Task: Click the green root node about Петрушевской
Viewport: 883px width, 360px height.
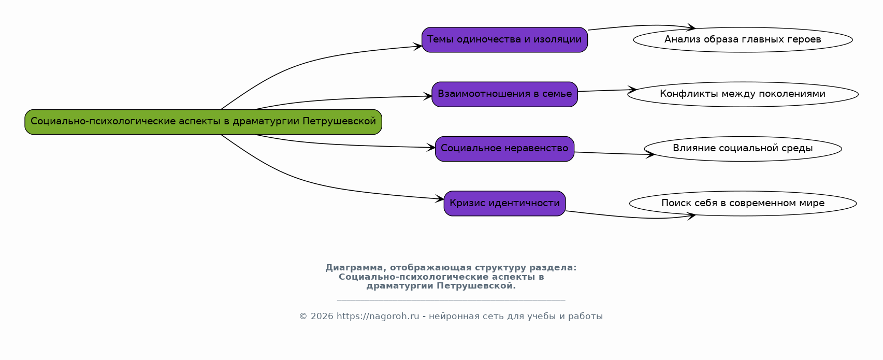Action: coord(203,122)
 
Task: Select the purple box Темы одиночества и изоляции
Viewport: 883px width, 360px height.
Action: coord(504,40)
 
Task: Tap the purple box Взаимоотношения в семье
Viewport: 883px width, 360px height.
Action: coord(504,94)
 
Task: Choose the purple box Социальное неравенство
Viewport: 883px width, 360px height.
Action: coord(504,149)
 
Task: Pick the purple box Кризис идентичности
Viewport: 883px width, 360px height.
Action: coord(504,204)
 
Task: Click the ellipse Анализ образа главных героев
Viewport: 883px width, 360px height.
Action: coord(743,40)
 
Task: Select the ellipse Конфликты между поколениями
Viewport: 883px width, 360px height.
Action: coord(743,94)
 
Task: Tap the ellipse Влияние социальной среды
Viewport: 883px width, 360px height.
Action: coord(743,149)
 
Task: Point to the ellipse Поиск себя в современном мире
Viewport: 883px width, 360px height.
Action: coord(743,204)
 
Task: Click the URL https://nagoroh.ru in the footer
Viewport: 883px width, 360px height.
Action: coord(378,316)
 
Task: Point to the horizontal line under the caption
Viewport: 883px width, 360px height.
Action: coord(451,300)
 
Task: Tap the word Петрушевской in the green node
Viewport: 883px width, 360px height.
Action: coord(339,122)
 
